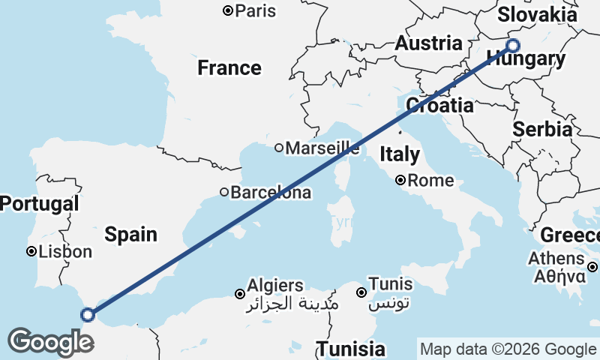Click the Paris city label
point(255,11)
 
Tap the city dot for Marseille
point(278,148)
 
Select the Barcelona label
point(270,193)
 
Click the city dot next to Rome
point(401,180)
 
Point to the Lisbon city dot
point(31,252)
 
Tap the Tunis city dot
point(361,292)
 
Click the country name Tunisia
point(351,349)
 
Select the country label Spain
point(131,234)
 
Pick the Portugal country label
point(39,203)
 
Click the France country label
point(229,68)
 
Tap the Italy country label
point(400,155)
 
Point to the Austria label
point(428,43)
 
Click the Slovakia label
point(538,14)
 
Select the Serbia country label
point(542,129)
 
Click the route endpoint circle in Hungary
point(513,45)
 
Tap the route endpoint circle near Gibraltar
point(88,315)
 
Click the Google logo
point(50,341)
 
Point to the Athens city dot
point(592,267)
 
